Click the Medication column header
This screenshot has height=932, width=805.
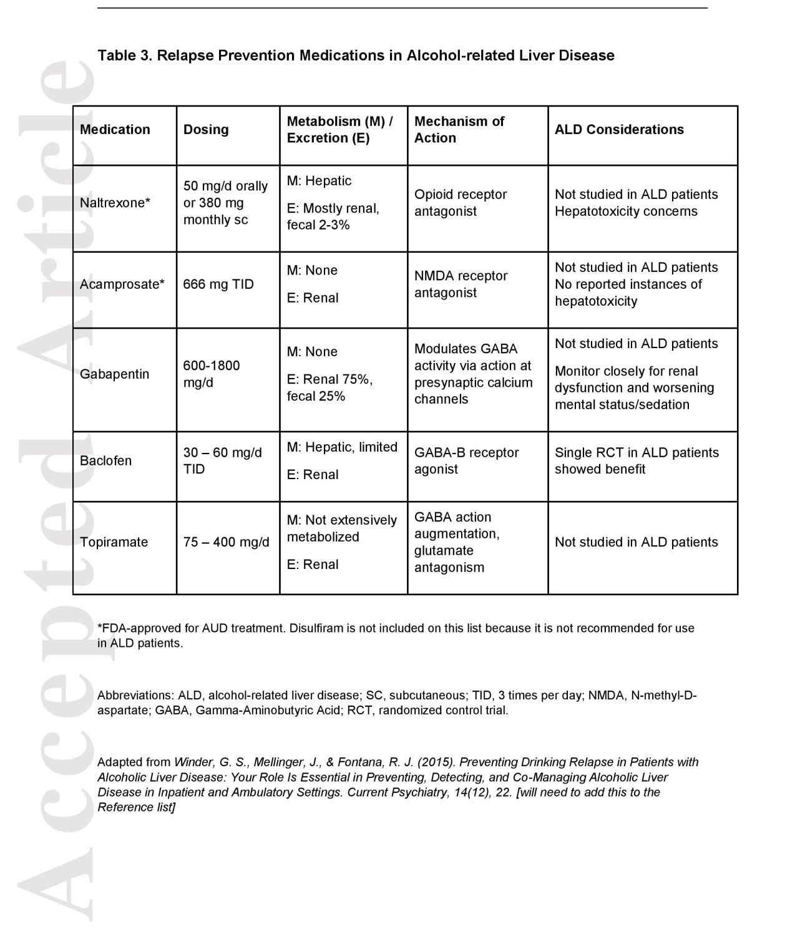coord(115,129)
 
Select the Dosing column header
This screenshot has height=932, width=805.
coord(206,129)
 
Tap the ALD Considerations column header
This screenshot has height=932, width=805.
coord(619,129)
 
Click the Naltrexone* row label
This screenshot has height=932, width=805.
coord(115,203)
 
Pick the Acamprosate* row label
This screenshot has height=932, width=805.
coord(122,284)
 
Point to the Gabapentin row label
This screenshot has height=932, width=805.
coord(114,374)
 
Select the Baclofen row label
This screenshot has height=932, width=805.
coord(105,461)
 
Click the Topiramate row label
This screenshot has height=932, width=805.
coord(114,542)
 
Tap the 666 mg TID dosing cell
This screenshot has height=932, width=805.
coord(218,284)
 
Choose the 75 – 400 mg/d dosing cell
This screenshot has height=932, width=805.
coord(227,542)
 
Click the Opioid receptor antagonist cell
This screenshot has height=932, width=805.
coord(461,203)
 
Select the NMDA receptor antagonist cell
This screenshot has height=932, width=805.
coord(461,284)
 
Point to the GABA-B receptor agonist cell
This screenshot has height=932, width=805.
coord(466,461)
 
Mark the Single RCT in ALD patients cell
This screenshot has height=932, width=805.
coord(637,461)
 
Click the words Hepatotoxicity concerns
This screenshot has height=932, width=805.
coord(626,211)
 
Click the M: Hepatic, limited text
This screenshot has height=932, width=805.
coord(342,447)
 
